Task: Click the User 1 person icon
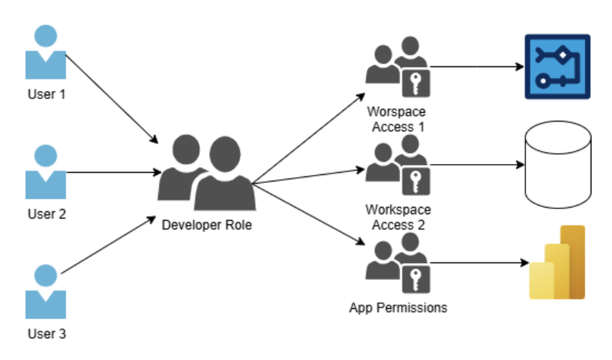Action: tap(46, 53)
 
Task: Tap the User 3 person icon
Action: tap(46, 292)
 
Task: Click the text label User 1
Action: tap(46, 95)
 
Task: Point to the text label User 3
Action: tap(46, 334)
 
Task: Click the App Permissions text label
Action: tap(398, 308)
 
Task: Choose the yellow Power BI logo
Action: tap(558, 263)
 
